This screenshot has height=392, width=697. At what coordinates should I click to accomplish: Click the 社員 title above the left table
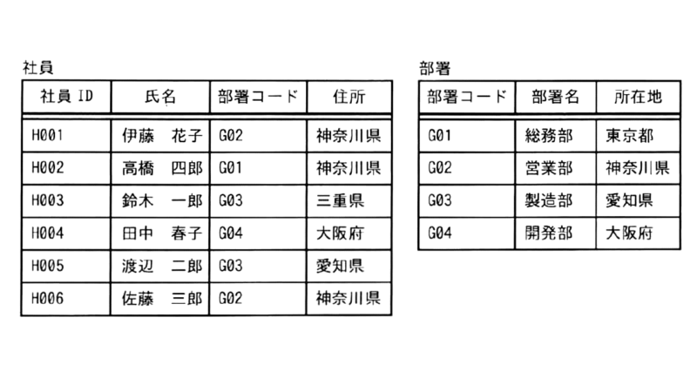[x=38, y=68]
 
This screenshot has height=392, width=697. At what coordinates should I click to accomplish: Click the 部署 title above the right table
[x=435, y=68]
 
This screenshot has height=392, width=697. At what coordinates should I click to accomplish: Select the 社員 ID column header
[x=67, y=96]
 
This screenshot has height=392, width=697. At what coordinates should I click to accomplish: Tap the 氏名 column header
[x=160, y=97]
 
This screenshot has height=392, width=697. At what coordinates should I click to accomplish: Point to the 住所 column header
[x=349, y=97]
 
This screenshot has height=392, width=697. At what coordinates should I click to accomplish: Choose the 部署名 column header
[x=556, y=97]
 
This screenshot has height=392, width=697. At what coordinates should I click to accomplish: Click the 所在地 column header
[x=639, y=97]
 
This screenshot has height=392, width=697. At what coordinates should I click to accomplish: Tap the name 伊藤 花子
[x=162, y=136]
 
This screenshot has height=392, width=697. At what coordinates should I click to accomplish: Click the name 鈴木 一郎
[x=162, y=200]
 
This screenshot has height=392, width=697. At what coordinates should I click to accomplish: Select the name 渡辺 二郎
[x=162, y=266]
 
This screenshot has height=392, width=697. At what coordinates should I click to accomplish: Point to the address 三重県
[x=340, y=200]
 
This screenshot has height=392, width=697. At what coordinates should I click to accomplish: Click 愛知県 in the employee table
[x=340, y=266]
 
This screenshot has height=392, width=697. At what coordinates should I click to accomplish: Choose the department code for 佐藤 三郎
[x=231, y=298]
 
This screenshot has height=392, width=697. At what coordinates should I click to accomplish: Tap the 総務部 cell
[x=549, y=136]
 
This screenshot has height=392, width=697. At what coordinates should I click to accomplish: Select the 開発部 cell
[x=549, y=233]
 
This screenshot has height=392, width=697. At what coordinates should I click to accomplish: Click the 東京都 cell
[x=629, y=136]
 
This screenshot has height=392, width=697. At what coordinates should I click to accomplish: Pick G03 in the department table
[x=440, y=200]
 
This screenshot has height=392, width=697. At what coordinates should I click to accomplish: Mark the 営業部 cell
[x=549, y=168]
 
